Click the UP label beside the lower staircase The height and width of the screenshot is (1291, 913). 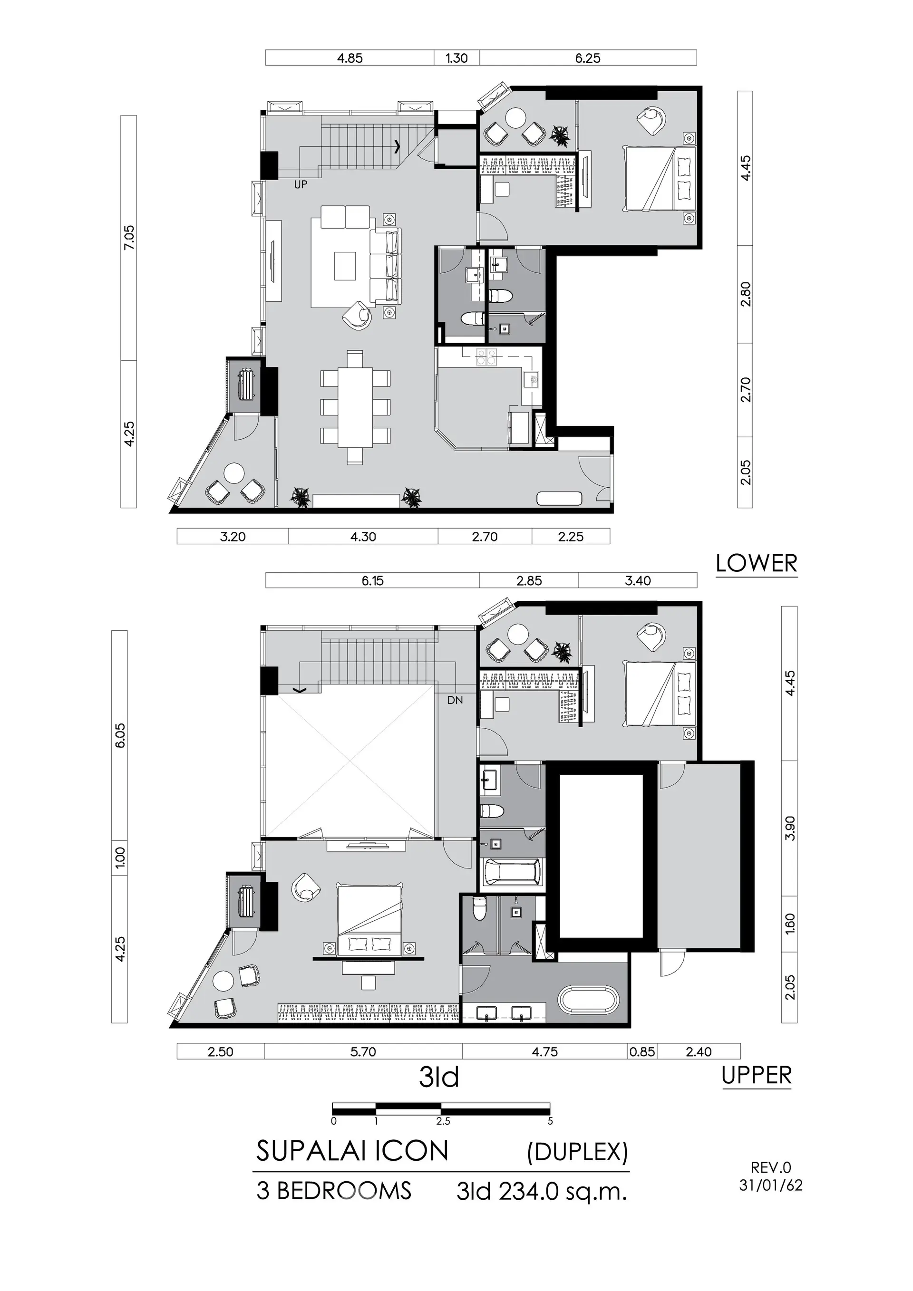coord(301,184)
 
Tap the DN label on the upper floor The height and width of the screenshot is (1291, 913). coord(455,701)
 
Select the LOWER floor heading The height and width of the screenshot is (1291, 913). coord(757,563)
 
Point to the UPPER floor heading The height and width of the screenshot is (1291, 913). coord(757,1076)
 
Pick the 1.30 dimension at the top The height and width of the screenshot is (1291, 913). coord(456,58)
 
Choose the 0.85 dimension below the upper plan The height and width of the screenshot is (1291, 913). coord(642,1051)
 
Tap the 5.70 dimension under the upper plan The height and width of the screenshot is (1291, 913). coord(363,1051)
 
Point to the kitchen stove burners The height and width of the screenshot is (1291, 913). coord(486,357)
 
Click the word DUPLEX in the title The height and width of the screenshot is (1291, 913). coord(577,1152)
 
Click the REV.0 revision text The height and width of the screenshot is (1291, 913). coord(771,1168)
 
